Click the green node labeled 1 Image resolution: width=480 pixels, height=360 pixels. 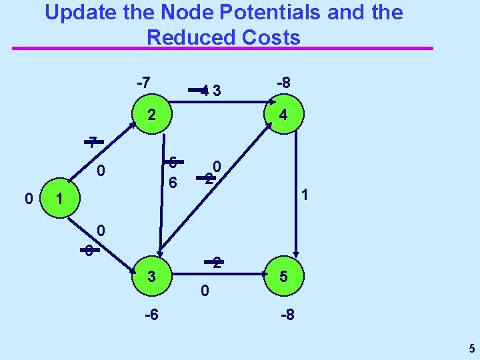[59, 199]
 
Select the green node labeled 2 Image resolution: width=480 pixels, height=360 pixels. [152, 115]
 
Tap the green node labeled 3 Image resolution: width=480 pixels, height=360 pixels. [152, 275]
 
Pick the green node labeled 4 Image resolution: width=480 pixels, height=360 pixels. [283, 115]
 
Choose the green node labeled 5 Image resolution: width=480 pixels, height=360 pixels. [284, 275]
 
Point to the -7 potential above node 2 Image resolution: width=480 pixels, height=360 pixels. [143, 83]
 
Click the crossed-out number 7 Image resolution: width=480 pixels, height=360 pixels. [93, 141]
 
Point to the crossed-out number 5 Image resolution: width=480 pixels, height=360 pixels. [172, 162]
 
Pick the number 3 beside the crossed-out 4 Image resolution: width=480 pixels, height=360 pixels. [217, 90]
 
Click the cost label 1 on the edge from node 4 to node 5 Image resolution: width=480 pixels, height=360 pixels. [303, 195]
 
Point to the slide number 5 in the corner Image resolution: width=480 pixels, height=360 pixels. [471, 348]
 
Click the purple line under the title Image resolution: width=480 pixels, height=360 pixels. [223, 49]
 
